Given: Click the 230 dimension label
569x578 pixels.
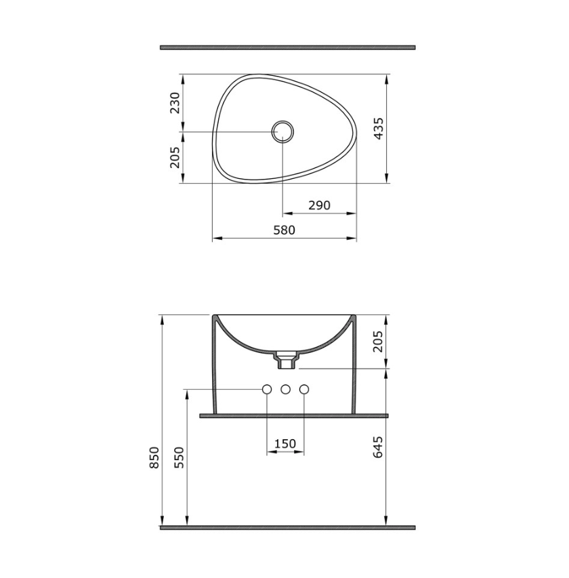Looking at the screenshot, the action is tap(175, 103).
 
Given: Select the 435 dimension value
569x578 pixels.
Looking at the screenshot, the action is tap(379, 129).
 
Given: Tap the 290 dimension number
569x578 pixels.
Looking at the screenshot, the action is tap(320, 205).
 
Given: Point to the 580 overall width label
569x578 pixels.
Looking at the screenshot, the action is tap(284, 230).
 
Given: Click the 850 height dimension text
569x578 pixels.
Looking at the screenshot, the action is tap(154, 457).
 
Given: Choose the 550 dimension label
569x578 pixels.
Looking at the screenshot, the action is tap(179, 457).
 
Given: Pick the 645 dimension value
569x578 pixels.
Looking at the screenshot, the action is tap(378, 447).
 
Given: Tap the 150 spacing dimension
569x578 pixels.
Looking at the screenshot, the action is tap(285, 443).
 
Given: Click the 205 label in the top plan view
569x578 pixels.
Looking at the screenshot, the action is tap(175, 157).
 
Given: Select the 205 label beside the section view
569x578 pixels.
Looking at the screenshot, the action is tap(378, 342).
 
